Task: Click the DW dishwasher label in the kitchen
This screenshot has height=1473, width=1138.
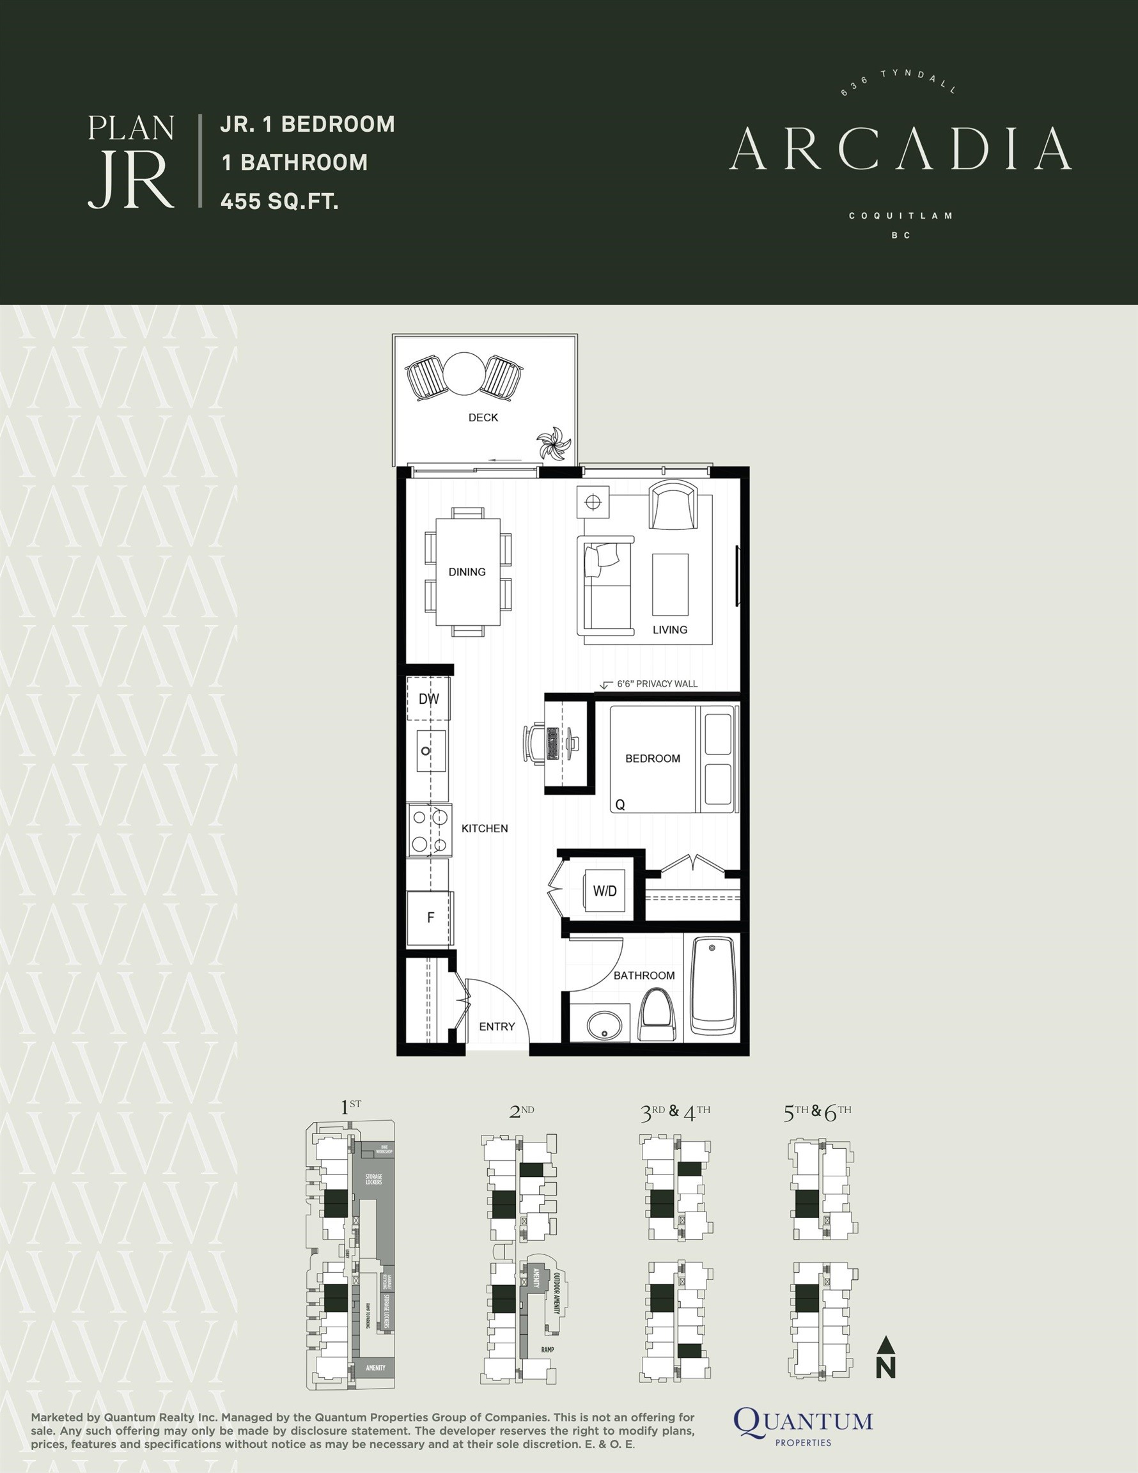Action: click(x=428, y=699)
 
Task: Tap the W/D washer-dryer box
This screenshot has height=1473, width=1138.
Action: click(x=604, y=891)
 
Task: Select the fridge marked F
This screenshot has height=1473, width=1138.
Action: click(x=430, y=918)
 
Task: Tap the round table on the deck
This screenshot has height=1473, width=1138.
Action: click(x=464, y=374)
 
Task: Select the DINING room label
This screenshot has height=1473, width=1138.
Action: click(x=467, y=572)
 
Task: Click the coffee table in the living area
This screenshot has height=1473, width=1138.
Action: click(x=670, y=584)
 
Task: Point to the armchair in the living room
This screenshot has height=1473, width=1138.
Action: click(x=672, y=504)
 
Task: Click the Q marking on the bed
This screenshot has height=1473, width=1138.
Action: click(x=620, y=805)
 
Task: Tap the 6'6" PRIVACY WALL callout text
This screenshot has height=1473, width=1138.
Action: click(x=657, y=684)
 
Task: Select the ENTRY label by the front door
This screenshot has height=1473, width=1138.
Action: click(x=497, y=1027)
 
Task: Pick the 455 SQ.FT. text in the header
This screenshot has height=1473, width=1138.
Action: click(x=279, y=200)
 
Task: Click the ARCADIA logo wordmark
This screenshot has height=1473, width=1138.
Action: click(x=900, y=148)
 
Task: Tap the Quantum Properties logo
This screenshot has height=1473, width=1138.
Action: click(x=803, y=1424)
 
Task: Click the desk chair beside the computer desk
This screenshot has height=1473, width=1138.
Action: click(x=534, y=744)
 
